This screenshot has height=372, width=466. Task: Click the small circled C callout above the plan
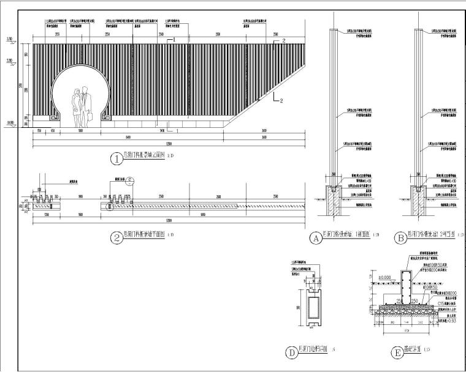pos(130,180)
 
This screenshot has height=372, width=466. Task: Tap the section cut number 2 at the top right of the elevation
pos(284,40)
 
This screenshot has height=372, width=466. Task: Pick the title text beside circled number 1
pos(145,157)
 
